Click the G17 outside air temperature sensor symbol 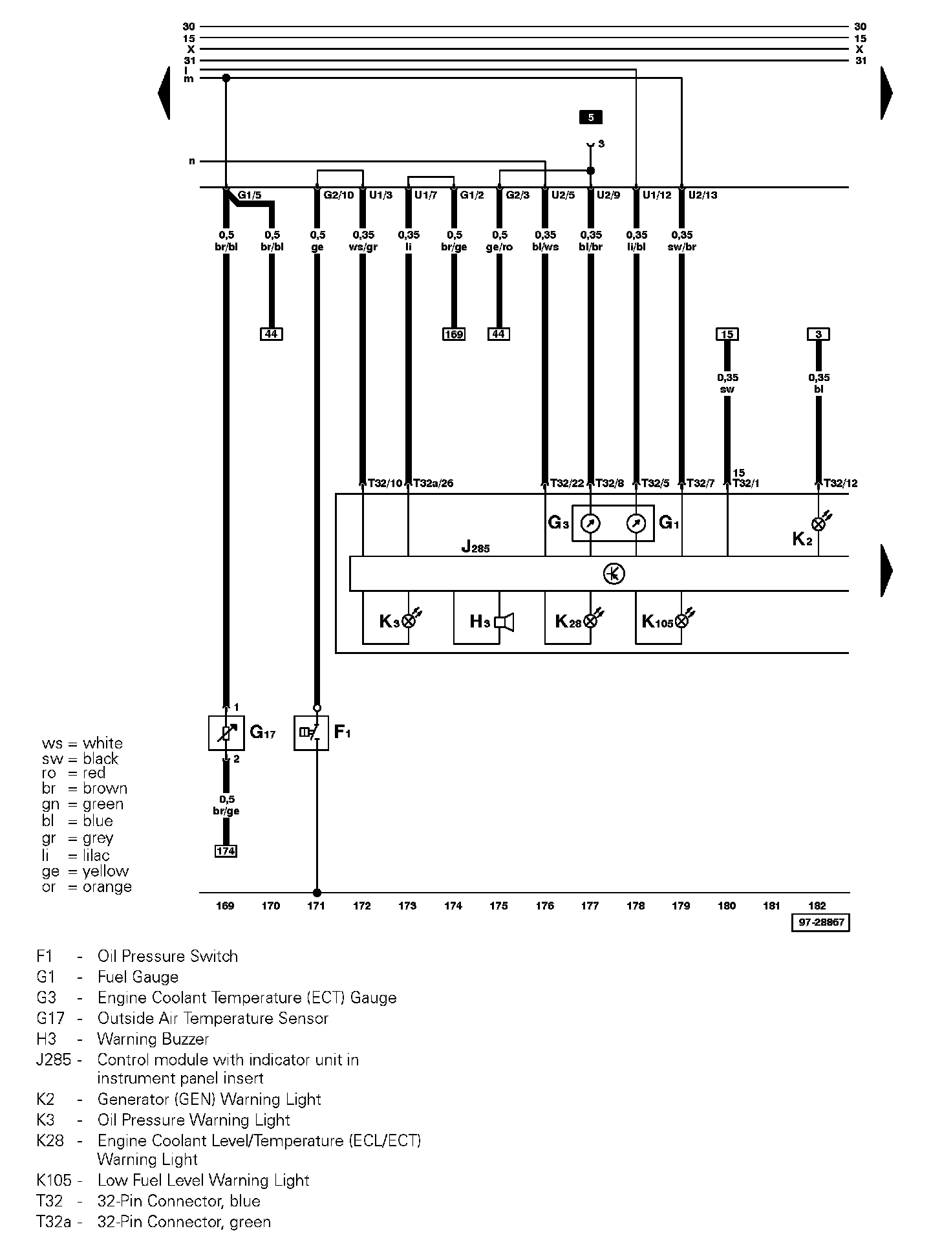point(226,733)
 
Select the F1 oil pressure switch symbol point(311,733)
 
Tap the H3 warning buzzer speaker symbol point(504,622)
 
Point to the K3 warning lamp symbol point(409,622)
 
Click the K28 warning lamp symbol point(590,622)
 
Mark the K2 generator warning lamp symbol point(819,524)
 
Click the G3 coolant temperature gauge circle point(590,523)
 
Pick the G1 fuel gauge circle point(636,523)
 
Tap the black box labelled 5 point(590,117)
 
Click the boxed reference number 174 point(226,851)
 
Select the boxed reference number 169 point(453,334)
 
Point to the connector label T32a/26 point(433,483)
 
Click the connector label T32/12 point(840,483)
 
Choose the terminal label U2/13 point(703,195)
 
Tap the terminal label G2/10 point(339,195)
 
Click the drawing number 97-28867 point(820,922)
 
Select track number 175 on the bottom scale point(498,906)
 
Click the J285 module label point(475,547)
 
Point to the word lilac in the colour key point(96,855)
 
